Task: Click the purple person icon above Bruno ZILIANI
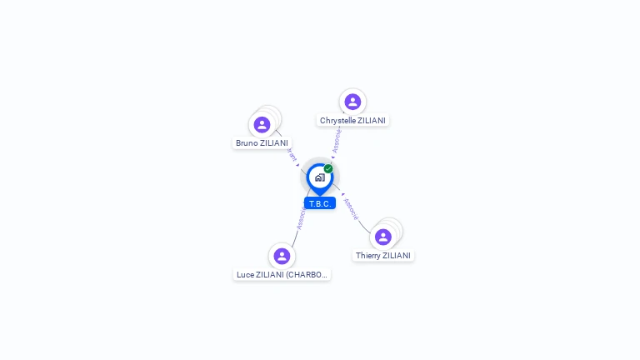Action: pos(262,125)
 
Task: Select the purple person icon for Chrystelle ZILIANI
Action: pos(352,102)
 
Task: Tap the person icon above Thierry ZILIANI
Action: pos(383,237)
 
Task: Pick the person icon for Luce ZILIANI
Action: pos(282,256)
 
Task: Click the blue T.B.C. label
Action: pos(320,203)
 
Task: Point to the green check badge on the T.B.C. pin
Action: pos(328,169)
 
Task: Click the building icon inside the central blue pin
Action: pos(319,177)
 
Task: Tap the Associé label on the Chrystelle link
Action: pos(336,141)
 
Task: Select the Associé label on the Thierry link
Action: pos(351,207)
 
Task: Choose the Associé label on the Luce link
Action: pos(301,217)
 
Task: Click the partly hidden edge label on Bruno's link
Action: pos(291,155)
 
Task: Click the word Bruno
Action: pos(247,143)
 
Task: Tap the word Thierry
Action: pos(369,256)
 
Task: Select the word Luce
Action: pos(245,274)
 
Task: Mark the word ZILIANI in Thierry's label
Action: pos(397,256)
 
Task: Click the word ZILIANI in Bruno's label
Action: pos(274,143)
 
